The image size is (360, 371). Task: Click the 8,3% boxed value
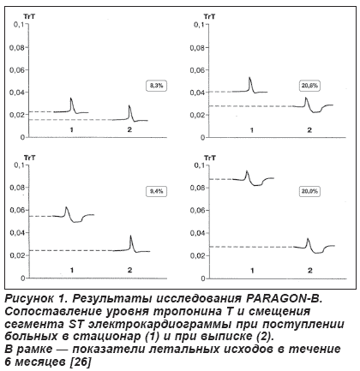click(x=156, y=86)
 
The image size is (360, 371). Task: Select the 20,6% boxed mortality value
click(x=309, y=86)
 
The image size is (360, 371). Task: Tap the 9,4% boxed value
click(x=156, y=191)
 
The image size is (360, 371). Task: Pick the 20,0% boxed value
click(x=309, y=191)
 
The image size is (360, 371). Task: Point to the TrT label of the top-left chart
click(x=29, y=16)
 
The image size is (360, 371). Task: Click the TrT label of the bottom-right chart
click(x=210, y=158)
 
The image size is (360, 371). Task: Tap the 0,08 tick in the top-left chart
click(x=17, y=47)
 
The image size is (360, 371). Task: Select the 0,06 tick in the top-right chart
click(x=198, y=70)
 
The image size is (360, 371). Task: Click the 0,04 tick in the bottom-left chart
click(x=18, y=233)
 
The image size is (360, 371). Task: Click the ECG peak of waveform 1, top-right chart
click(x=249, y=77)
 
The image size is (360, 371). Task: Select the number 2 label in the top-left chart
click(x=129, y=129)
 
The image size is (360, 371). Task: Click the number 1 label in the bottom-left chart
click(x=72, y=270)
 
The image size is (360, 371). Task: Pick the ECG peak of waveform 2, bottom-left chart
click(x=131, y=236)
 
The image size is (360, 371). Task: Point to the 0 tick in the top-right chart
click(x=203, y=138)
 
